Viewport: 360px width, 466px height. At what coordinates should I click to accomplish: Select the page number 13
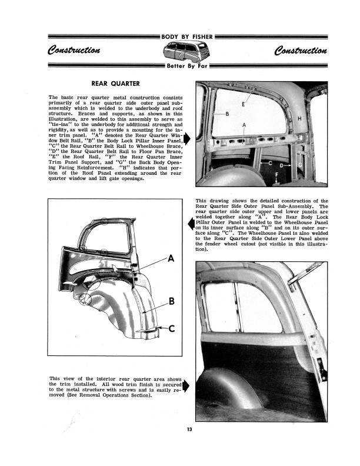coord(188,428)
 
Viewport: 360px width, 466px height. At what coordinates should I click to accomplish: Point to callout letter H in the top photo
coord(299,119)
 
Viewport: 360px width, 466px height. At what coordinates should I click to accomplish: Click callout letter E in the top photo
coord(244,104)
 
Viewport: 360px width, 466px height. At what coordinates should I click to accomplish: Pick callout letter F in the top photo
coord(276,174)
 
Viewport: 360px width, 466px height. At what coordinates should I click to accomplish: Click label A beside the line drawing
coord(171,258)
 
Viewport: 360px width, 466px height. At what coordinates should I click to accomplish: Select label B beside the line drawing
coord(171,301)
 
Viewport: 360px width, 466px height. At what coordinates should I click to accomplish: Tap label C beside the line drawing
coord(171,328)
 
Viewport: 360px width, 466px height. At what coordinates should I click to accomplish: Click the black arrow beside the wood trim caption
coord(186,386)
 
